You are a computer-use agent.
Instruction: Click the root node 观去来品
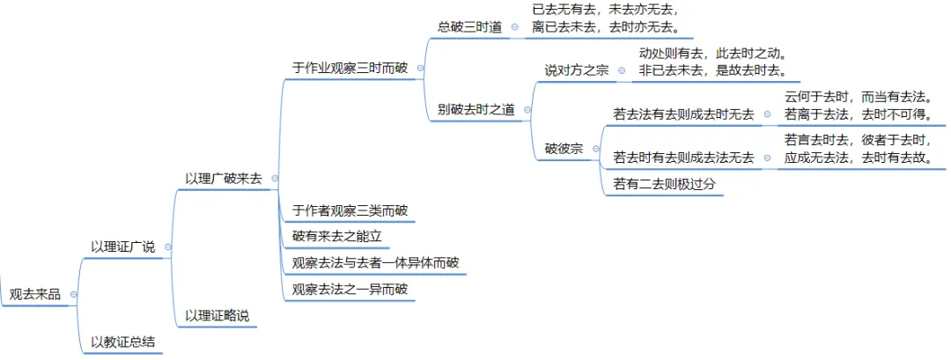coord(34,295)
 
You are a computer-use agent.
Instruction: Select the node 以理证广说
coord(122,246)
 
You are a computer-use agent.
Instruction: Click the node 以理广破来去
coord(224,178)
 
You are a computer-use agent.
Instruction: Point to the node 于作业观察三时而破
coord(350,67)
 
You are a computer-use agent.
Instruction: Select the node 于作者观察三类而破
coord(350,210)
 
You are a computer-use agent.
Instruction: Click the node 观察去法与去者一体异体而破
coord(374,262)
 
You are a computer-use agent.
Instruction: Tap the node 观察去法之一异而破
coord(350,289)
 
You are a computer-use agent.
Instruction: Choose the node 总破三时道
coord(470,27)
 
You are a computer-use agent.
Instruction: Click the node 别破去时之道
coord(475,110)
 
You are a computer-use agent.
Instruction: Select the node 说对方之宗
coord(577,70)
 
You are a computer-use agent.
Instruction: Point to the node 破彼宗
coord(564,149)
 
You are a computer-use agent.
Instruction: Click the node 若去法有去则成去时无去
coord(683,114)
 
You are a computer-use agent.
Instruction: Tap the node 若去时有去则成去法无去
coord(683,158)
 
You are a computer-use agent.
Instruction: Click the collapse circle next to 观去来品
coord(73,295)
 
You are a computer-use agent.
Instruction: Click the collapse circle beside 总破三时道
coord(514,27)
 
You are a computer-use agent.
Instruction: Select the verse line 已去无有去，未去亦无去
coord(606,10)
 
